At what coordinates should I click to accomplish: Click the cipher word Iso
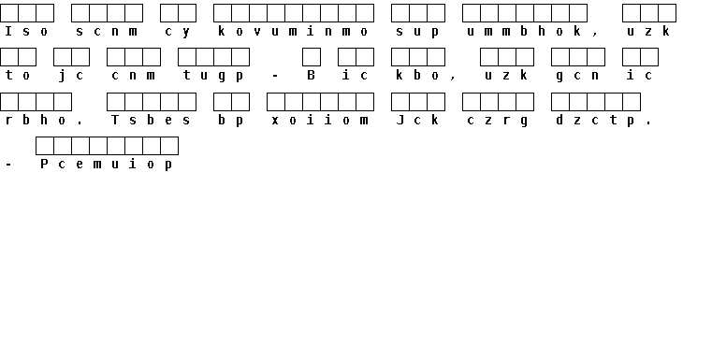coord(26,31)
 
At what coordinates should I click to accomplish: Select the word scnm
coord(107,31)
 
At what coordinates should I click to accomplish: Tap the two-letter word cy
coord(178,32)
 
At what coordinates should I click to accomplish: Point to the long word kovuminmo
coord(294,31)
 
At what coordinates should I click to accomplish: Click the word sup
coord(418,32)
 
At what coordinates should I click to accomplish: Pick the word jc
coord(71,76)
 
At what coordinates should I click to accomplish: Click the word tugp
coord(213,76)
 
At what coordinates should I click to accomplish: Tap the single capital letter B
coord(311,75)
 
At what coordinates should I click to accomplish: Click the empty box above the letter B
coord(312,57)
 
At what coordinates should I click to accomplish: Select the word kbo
coord(418,75)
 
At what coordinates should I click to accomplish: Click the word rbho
coord(36,121)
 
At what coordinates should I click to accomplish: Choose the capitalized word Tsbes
coord(152,121)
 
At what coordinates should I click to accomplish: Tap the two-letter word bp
coord(231,121)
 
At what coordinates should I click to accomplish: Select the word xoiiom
coord(320,121)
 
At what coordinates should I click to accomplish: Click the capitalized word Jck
coord(418,121)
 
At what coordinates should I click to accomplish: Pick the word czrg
coord(498,121)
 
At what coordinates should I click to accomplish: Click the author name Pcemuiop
coord(107,165)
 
